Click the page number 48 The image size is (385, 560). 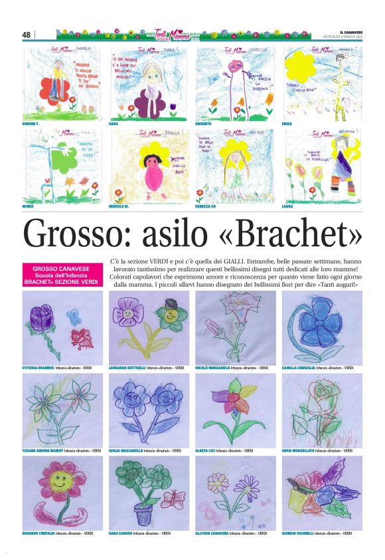click(27, 35)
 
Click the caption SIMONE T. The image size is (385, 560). click(32, 124)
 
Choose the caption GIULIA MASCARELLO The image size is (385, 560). click(125, 450)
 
